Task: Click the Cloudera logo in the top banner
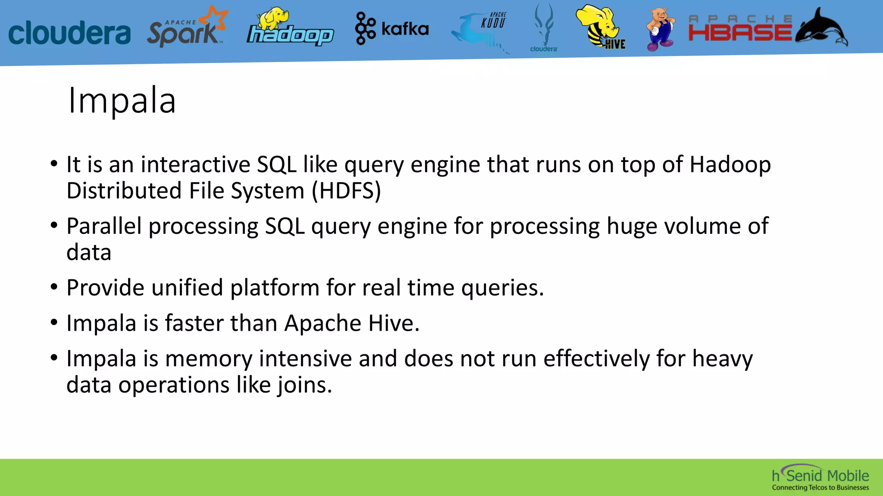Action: click(x=69, y=33)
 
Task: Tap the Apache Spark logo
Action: click(x=186, y=28)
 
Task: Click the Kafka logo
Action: click(x=391, y=28)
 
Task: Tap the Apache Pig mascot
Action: click(x=660, y=29)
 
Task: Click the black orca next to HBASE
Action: click(x=822, y=28)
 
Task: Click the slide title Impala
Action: click(x=122, y=101)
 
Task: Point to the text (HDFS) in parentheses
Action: click(x=346, y=191)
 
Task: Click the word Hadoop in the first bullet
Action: click(x=730, y=164)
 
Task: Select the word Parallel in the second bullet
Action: click(x=104, y=226)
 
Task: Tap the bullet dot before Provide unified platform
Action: click(x=54, y=287)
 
